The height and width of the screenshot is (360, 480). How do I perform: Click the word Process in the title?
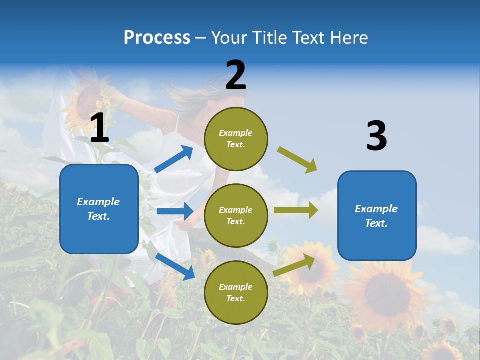coord(157,38)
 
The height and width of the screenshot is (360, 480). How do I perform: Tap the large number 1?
coord(99,128)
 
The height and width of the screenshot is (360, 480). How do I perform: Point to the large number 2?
coord(236,75)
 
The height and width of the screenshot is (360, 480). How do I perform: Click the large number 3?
coord(376,136)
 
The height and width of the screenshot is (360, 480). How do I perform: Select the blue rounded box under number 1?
coord(99,209)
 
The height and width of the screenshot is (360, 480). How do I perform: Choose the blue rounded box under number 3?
coord(377,216)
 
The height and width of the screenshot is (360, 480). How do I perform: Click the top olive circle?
coord(236,139)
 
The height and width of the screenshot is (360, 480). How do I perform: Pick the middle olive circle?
coord(236,216)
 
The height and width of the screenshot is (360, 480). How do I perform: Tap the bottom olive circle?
coord(236,293)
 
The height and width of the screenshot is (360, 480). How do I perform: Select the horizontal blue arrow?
coord(175,211)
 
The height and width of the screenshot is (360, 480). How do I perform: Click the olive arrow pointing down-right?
coord(297,159)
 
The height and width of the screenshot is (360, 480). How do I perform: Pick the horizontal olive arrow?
coord(295,210)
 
